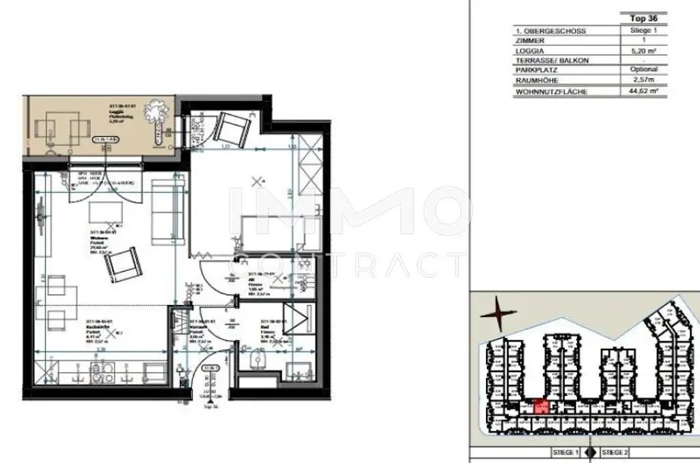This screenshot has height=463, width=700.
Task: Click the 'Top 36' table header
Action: click(643, 18)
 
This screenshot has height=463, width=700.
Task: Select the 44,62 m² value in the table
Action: click(643, 90)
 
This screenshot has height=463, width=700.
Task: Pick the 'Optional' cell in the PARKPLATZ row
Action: click(643, 70)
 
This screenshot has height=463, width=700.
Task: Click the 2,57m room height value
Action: click(643, 80)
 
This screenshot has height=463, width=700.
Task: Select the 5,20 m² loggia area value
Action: click(643, 50)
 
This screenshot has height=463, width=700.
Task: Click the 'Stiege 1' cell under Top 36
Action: click(643, 31)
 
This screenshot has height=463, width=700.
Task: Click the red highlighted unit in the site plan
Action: click(540, 406)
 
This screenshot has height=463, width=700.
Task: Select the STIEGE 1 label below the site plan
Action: click(565, 453)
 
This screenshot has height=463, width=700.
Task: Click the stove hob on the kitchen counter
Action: click(103, 374)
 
